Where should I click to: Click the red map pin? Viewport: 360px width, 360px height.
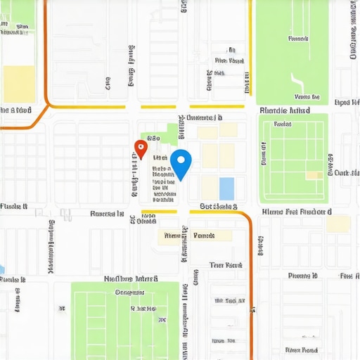click(140, 148)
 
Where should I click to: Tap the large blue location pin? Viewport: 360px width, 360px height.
click(181, 163)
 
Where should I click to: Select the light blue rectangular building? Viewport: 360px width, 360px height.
click(226, 188)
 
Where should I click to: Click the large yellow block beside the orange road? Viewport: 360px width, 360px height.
click(19, 84)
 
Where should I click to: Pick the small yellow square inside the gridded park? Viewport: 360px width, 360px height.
click(314, 175)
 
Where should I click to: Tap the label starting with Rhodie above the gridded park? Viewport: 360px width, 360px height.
click(284, 110)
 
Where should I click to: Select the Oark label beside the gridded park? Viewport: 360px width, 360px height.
click(343, 172)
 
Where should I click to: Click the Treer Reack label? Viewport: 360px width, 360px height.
click(226, 265)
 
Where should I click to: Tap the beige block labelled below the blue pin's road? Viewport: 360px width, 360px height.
click(193, 236)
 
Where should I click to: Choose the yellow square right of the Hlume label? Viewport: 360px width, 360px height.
click(338, 224)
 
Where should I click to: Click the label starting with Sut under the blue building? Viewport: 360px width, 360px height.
click(218, 207)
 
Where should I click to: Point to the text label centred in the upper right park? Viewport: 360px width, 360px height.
click(299, 39)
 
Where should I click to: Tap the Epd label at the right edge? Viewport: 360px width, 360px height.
click(342, 102)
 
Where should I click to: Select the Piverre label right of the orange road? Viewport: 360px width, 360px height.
click(304, 276)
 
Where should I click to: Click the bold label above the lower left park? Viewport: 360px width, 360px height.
click(131, 278)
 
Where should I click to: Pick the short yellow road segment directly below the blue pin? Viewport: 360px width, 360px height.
click(158, 211)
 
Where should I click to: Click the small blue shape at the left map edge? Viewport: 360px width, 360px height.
click(2, 269)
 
